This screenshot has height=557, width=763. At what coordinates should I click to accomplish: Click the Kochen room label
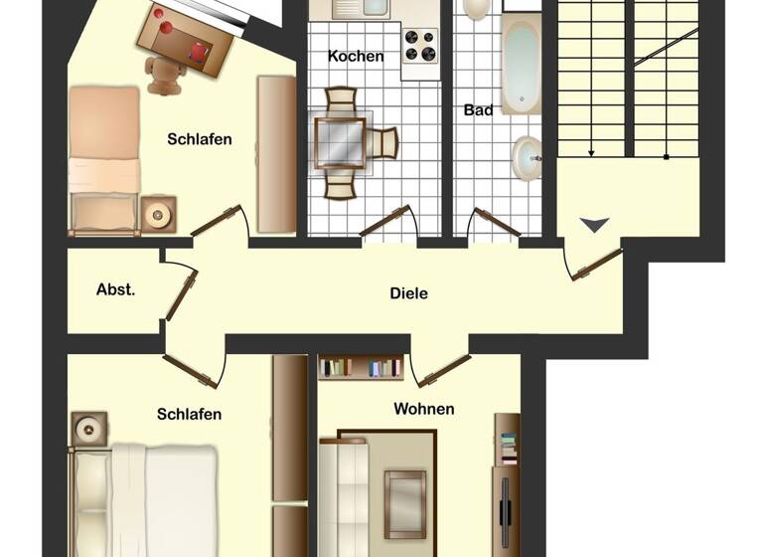(356, 57)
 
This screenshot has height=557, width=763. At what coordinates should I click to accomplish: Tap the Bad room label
(478, 110)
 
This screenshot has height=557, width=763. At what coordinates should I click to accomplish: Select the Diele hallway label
(408, 293)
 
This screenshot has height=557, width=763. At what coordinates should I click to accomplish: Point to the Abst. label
(115, 290)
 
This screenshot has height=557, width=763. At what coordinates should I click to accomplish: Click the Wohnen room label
(424, 409)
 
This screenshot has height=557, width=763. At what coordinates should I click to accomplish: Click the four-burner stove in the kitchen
(419, 46)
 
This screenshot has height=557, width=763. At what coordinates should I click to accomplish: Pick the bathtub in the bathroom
(520, 65)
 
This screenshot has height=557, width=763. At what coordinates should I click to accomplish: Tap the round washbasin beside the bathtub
(527, 156)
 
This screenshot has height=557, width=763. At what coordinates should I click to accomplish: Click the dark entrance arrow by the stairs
(594, 226)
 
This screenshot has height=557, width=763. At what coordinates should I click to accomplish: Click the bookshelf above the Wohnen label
(361, 367)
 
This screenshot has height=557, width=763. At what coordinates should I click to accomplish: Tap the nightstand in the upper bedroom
(158, 214)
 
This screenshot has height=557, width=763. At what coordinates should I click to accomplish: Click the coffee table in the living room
(404, 502)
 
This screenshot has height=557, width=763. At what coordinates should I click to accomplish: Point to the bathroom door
(493, 223)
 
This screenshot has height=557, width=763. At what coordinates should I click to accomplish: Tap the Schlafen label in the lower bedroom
(189, 414)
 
